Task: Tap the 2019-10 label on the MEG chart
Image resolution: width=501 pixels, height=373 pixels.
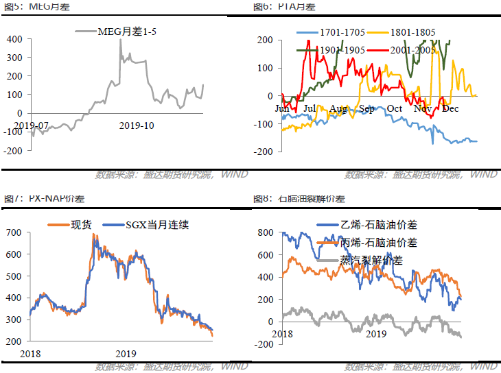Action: [137, 125]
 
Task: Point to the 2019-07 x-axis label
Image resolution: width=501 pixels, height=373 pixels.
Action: [31, 125]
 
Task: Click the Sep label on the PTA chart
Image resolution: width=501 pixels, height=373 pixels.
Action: [366, 108]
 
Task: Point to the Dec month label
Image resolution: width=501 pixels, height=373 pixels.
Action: [450, 108]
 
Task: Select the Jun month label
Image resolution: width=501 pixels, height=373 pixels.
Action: [282, 108]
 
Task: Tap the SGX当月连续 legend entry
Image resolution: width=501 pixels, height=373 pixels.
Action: [157, 224]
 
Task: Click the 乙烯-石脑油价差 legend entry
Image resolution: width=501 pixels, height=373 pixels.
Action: [379, 224]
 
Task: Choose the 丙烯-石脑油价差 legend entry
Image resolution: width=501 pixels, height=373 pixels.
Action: [379, 242]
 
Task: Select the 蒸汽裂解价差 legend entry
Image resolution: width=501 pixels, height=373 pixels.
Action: [371, 260]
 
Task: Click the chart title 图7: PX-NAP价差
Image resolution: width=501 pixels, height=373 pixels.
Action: [38, 199]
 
